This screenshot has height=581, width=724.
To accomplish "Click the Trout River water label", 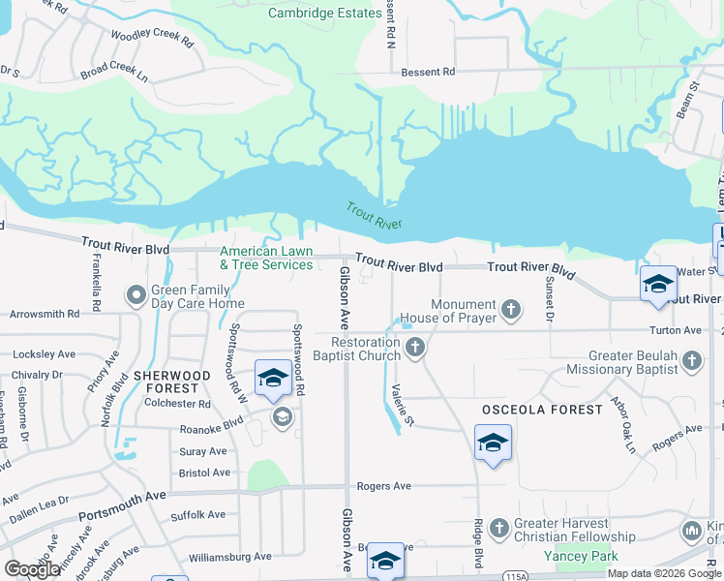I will click(x=375, y=216).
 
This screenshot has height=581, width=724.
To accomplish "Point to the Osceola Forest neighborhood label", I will click(x=542, y=410).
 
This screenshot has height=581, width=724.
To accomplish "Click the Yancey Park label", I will click(x=580, y=556).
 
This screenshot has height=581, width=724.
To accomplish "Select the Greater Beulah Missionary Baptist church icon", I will click(x=691, y=361).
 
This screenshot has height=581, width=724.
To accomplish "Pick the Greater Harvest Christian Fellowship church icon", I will click(x=498, y=529).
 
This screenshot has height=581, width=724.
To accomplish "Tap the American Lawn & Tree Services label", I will click(x=266, y=258).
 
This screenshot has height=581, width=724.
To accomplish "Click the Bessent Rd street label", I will click(x=428, y=72).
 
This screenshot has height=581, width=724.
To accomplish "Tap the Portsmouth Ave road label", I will click(x=124, y=497).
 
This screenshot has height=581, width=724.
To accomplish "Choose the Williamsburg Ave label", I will click(x=230, y=557).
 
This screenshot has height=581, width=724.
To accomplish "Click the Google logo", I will click(x=32, y=569).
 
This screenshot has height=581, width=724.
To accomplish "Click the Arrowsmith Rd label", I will click(x=45, y=314).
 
